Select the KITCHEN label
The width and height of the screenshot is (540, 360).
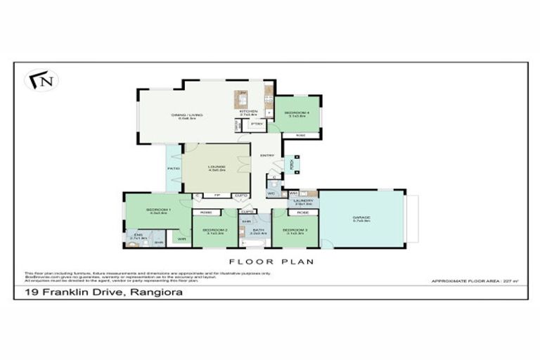point(249,111)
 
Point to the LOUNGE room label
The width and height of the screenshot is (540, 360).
point(216,167)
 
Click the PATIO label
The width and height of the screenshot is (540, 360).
point(173,169)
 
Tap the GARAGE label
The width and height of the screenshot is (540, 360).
point(361,218)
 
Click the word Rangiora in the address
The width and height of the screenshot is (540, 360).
point(154,292)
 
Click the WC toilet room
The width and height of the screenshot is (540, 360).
point(271,193)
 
